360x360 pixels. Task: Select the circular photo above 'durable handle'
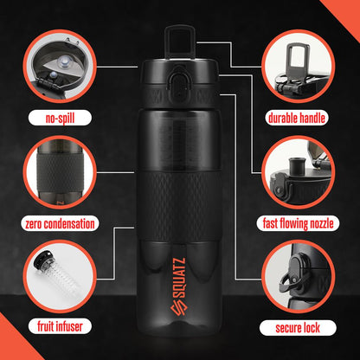[x=301, y=69]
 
